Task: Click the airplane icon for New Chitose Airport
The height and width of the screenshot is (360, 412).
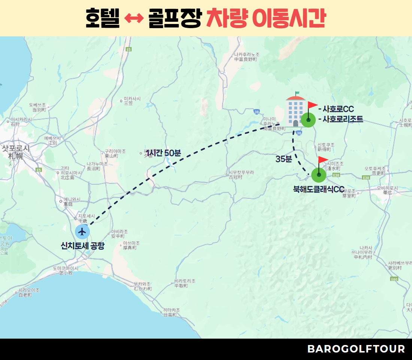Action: [82, 232]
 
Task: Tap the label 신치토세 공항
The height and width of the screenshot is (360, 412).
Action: [83, 246]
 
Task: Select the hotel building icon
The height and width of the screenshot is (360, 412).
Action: [295, 111]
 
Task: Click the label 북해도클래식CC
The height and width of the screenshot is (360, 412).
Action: [318, 189]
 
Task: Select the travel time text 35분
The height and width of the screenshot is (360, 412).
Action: [284, 159]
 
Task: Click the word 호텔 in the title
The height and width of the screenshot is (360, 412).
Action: [103, 18]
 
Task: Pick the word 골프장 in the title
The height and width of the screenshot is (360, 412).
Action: [173, 18]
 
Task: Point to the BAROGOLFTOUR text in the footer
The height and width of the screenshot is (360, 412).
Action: [356, 349]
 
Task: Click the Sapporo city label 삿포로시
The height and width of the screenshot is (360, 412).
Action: [16, 148]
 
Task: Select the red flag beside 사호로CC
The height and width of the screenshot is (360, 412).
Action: [312, 105]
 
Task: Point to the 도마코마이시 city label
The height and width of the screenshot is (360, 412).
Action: [66, 268]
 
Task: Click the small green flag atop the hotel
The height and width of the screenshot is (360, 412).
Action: [297, 93]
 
